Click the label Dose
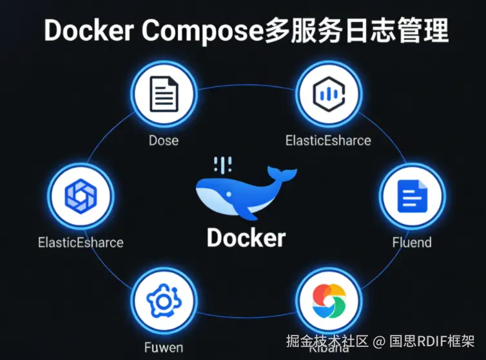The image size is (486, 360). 164,140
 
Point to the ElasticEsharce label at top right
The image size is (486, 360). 329,140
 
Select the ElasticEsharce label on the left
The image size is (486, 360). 81,243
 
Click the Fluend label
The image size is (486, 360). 412,243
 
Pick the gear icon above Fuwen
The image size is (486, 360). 164,300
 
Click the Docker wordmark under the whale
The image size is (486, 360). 246,237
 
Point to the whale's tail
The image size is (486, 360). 282,173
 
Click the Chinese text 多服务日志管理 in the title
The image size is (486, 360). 356,30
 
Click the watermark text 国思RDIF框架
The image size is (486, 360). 432,340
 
